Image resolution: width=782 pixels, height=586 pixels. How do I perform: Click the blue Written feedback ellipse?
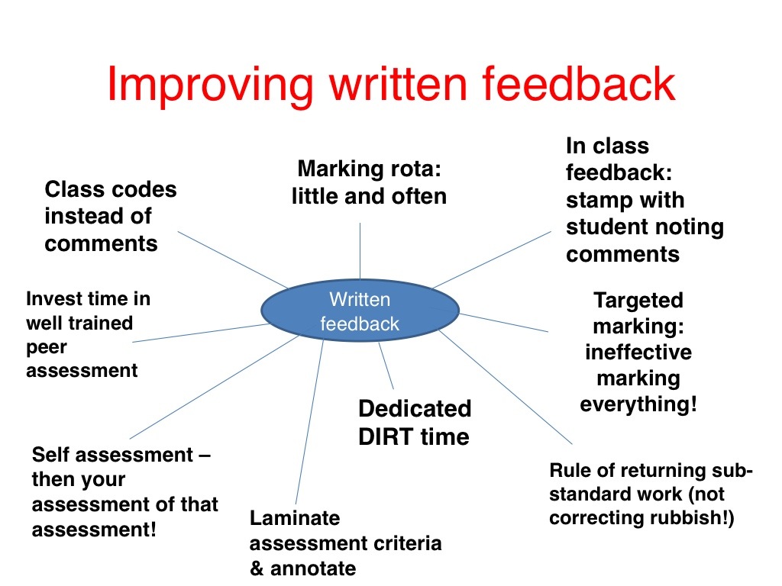(360, 311)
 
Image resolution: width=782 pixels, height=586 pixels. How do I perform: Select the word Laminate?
(295, 519)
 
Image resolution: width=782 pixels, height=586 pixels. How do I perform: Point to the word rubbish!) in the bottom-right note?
(698, 518)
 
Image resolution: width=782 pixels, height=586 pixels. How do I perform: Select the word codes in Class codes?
(144, 189)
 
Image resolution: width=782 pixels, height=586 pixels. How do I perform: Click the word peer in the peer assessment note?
(47, 347)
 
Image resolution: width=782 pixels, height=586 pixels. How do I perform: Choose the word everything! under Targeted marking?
(638, 404)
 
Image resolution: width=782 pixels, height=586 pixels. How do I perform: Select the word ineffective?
(638, 353)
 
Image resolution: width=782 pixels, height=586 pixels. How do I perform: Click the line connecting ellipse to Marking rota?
(360, 252)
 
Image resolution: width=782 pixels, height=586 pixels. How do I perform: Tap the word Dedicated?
(415, 409)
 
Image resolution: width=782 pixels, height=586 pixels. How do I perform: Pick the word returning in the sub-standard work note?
(658, 471)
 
